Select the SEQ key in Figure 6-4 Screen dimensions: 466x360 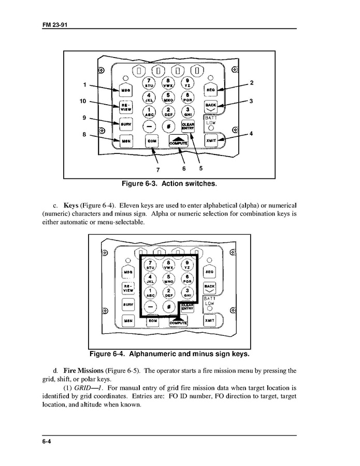(209, 271)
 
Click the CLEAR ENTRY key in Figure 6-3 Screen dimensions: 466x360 (188, 126)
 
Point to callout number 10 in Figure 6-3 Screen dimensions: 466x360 (83, 101)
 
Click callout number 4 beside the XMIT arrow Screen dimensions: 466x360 (251, 134)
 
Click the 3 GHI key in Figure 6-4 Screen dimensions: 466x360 (188, 292)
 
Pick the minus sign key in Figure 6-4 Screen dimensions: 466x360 (150, 306)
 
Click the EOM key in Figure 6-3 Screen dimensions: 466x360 (152, 141)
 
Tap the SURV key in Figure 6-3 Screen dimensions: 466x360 (126, 124)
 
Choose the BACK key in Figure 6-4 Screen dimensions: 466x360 (209, 288)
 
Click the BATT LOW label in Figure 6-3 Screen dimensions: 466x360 (211, 120)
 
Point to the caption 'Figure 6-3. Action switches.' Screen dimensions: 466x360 (169, 183)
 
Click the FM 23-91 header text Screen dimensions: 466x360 (54, 24)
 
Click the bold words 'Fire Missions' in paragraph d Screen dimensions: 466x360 (83, 371)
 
